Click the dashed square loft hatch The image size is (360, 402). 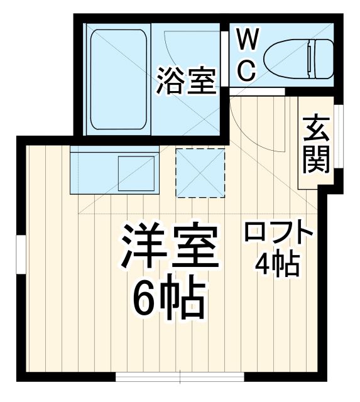pyautogui.click(x=200, y=172)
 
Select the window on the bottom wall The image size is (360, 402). pyautogui.click(x=180, y=377)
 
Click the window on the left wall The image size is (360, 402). pyautogui.click(x=20, y=257)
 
